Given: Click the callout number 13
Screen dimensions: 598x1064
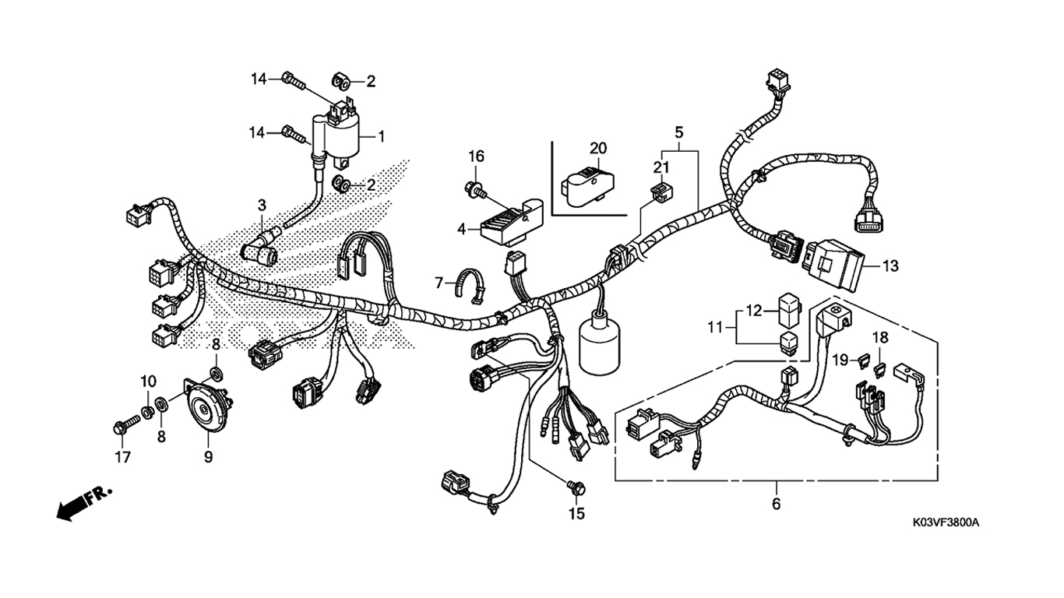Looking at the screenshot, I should coord(890,266).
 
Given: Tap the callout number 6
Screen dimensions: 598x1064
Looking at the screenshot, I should coord(776,504).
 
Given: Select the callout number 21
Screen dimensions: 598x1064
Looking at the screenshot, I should coord(661,167).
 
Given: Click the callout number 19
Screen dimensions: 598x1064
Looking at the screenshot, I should coord(840,359).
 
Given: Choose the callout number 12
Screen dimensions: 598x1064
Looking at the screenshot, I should coord(754,311).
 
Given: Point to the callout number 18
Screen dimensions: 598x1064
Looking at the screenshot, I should coord(880,337).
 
